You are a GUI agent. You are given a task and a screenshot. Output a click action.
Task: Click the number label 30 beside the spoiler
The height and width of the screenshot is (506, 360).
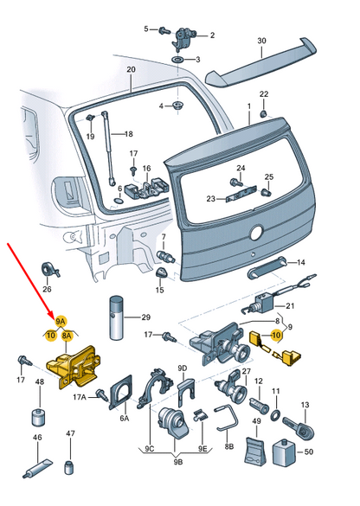click(x=262, y=41)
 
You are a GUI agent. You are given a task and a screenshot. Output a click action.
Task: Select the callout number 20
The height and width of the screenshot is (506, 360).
click(x=131, y=70)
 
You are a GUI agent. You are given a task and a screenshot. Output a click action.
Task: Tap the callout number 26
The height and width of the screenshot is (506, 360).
click(x=47, y=289)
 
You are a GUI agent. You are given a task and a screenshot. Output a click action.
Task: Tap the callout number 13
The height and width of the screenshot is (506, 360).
click(x=304, y=405)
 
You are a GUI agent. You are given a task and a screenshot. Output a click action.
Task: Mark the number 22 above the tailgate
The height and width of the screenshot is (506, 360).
click(x=264, y=93)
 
